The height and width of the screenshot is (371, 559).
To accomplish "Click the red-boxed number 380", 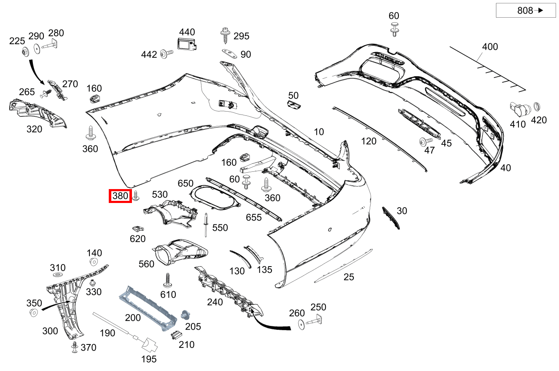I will [120, 196].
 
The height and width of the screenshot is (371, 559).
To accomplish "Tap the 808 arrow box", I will [525, 11].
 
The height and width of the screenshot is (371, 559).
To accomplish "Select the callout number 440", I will [187, 32].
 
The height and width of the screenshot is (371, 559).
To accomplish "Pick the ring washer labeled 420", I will [537, 106].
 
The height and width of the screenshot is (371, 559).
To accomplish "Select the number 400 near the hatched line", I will [489, 46].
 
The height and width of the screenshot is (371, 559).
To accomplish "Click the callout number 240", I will [215, 302].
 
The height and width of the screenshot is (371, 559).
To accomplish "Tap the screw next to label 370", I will [75, 347].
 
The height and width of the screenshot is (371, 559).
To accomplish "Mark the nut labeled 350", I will [33, 312].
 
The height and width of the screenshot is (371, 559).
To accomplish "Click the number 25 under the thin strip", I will [348, 277].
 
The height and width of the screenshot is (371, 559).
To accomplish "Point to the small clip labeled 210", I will [175, 335].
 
